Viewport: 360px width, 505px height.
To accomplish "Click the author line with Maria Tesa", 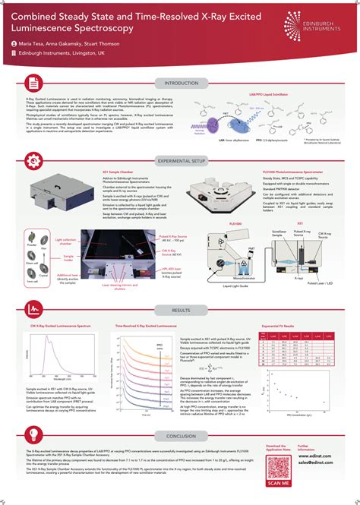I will tap(61, 44).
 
